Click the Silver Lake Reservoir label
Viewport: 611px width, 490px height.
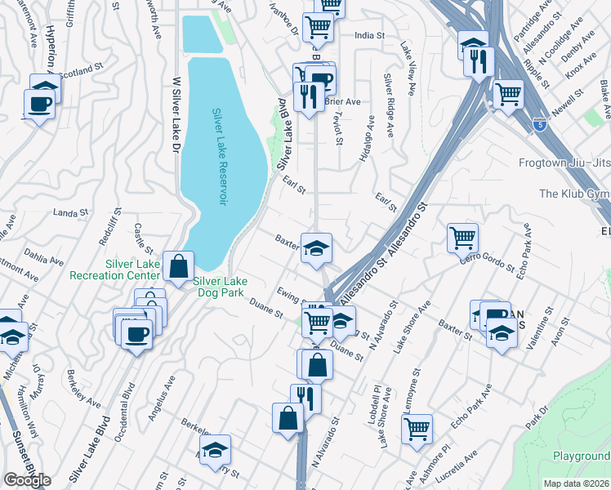[x=219, y=157]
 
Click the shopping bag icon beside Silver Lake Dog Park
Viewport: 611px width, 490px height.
[x=177, y=266]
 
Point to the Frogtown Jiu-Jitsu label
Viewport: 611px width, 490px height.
[x=564, y=163]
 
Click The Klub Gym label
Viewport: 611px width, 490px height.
[x=574, y=194]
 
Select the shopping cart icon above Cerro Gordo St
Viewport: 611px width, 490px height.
[x=462, y=238]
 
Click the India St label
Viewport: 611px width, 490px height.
[x=369, y=35]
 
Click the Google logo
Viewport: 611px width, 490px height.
[x=27, y=480]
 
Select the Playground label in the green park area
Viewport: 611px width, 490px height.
[x=581, y=456]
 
